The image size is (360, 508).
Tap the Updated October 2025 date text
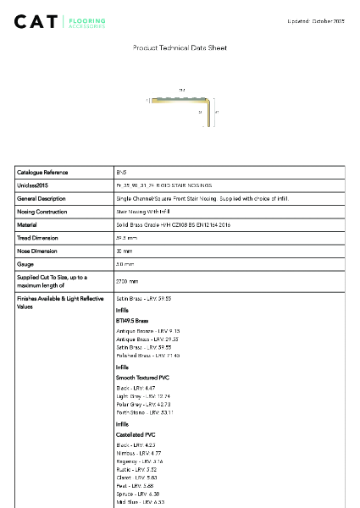(317, 20)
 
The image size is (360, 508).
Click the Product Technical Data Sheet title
(180, 48)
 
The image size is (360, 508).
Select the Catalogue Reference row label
(42, 172)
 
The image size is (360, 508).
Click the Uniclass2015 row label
(34, 185)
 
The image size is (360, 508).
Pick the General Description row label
(42, 198)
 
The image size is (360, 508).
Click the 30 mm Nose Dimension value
(125, 251)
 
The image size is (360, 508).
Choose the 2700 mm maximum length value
(127, 281)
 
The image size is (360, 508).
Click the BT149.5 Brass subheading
(131, 322)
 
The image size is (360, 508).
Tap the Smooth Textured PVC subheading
(141, 376)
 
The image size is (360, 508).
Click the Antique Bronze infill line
(147, 331)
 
